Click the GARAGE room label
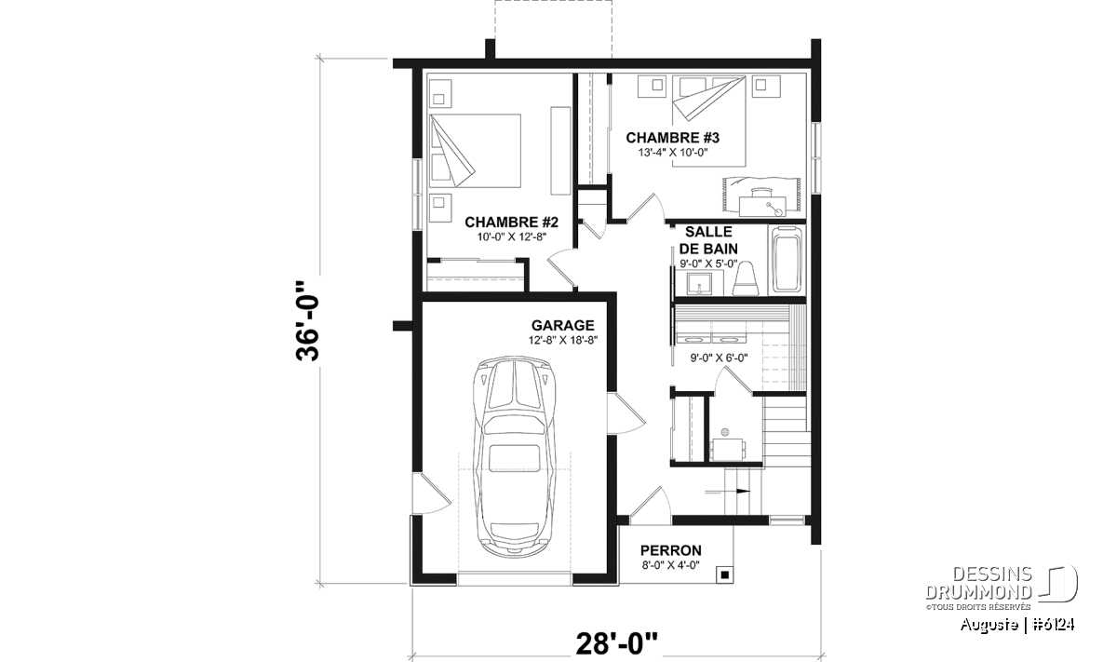point(562,325)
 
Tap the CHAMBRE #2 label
point(511,222)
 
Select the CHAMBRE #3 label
point(673,137)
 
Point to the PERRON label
point(671,550)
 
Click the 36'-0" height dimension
point(307,322)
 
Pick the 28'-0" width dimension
point(617,643)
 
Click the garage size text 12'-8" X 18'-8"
point(563,340)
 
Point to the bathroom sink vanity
point(699,284)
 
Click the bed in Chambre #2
point(475,151)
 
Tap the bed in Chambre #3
point(708,121)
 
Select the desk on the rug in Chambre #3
point(762,204)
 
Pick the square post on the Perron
point(724,574)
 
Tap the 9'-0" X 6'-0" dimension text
point(719,358)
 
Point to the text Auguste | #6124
point(1017,625)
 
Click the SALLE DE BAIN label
point(708,240)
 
